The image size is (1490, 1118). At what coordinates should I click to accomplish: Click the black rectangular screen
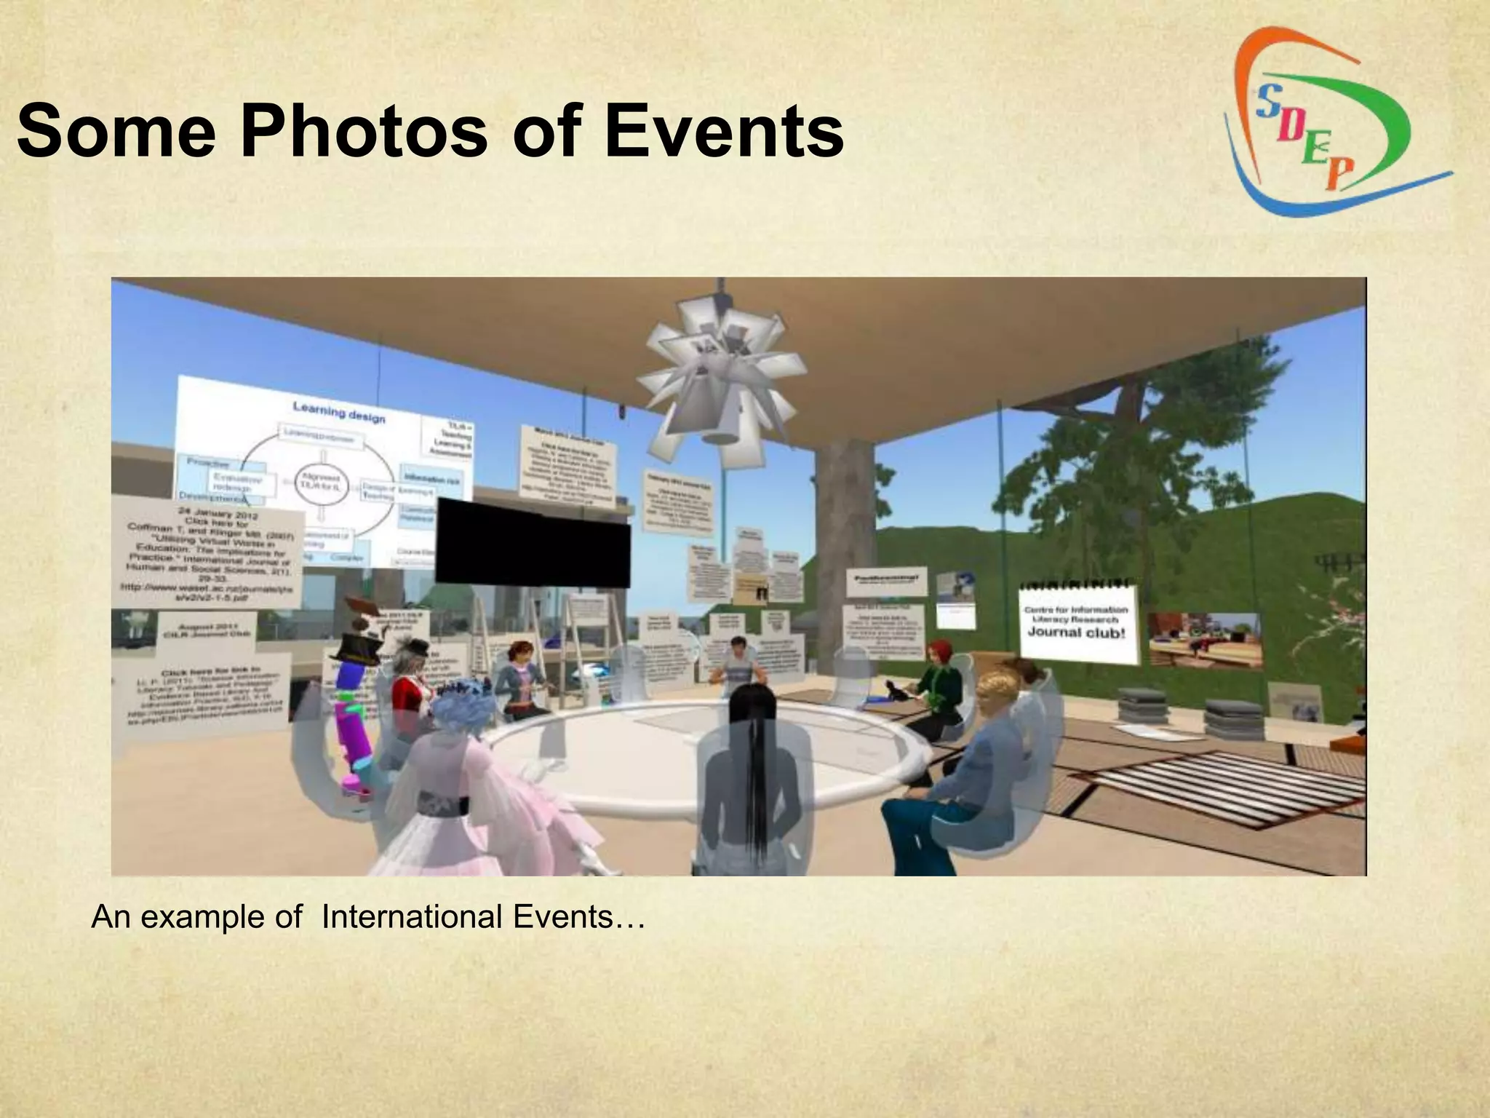tap(533, 542)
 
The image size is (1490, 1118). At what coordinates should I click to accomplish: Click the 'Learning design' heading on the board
tap(339, 413)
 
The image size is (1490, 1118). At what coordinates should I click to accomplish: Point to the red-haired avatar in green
tap(939, 677)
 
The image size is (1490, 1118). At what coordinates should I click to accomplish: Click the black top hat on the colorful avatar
tap(358, 641)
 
